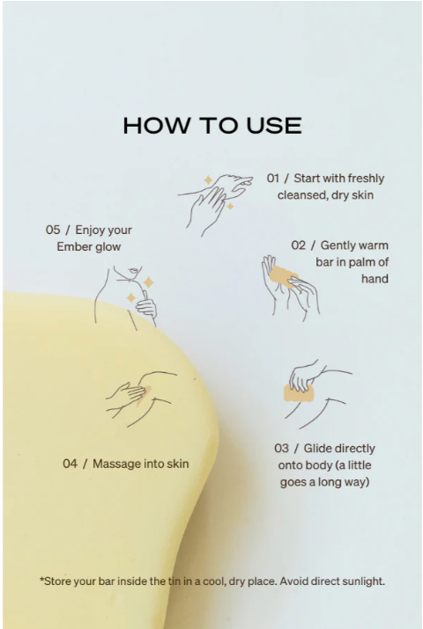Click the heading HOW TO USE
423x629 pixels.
212,126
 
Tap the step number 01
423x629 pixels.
273,178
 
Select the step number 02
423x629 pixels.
298,245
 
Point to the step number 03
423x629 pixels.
281,448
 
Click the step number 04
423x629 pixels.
70,464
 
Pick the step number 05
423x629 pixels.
53,230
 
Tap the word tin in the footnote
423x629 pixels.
174,581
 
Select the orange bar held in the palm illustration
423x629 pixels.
283,276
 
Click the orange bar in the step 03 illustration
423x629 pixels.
298,393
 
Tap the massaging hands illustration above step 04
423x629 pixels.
141,399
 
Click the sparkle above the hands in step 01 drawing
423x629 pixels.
208,180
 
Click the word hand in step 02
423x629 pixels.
375,279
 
